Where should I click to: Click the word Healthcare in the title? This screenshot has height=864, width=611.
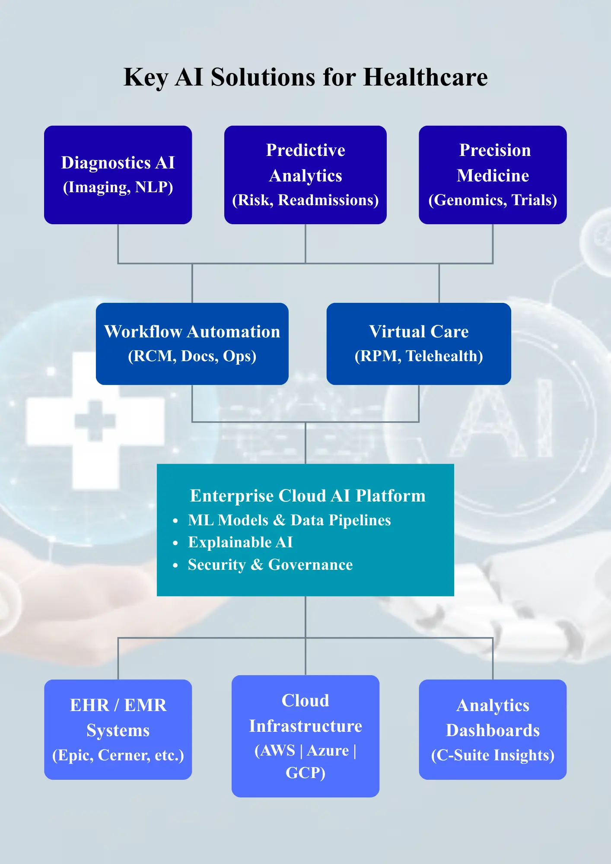pos(425,78)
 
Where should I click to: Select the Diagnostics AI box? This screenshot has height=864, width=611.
pos(118,175)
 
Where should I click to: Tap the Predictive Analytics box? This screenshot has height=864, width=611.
pos(305,175)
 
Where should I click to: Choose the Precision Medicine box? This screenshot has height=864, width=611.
pos(493,175)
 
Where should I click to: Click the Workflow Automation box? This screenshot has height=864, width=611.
pos(192,343)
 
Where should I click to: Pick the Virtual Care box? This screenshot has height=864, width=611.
pos(418,343)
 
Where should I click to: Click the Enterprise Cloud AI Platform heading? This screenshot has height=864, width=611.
pos(308,496)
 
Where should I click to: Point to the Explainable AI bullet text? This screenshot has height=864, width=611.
pos(240,543)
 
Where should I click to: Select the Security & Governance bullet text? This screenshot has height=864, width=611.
pos(270,565)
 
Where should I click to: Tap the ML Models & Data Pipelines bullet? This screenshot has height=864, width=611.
pos(289,520)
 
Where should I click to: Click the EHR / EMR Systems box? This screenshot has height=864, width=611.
pos(118,729)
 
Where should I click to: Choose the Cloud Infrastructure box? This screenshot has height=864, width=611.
pos(305,736)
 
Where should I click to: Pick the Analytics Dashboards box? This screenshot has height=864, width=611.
pos(493,729)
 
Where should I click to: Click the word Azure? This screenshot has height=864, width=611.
pos(328,751)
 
